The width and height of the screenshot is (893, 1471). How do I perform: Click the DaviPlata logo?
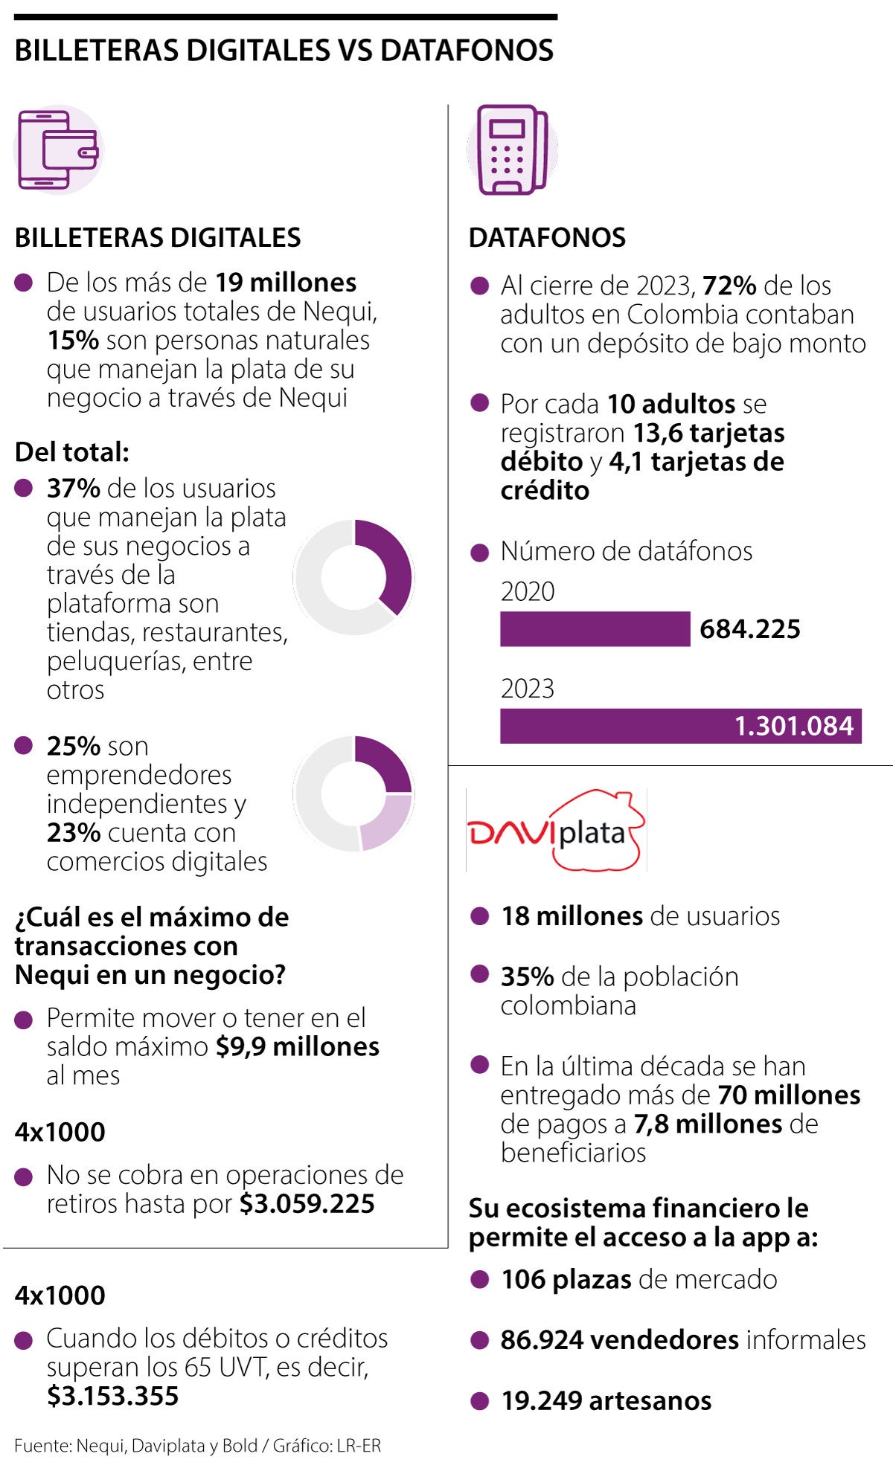(556, 830)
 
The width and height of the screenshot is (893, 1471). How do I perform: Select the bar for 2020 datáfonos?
(595, 629)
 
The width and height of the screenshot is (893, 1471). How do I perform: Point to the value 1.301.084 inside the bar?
(793, 726)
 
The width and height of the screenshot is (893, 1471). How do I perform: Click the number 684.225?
(749, 629)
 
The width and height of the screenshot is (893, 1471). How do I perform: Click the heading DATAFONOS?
(547, 238)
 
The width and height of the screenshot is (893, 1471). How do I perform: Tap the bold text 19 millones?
(286, 283)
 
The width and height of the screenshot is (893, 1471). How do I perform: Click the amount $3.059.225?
(307, 1203)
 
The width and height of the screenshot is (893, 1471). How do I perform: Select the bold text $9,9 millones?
(298, 1046)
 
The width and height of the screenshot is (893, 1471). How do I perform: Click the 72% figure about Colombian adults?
(729, 286)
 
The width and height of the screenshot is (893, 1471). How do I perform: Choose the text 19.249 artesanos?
(606, 1400)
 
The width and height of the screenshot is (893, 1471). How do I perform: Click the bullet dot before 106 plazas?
(480, 1279)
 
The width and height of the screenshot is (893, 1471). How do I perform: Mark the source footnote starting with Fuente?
(197, 1446)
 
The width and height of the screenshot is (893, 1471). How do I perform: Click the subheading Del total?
(72, 452)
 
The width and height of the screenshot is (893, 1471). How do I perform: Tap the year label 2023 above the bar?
(527, 689)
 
